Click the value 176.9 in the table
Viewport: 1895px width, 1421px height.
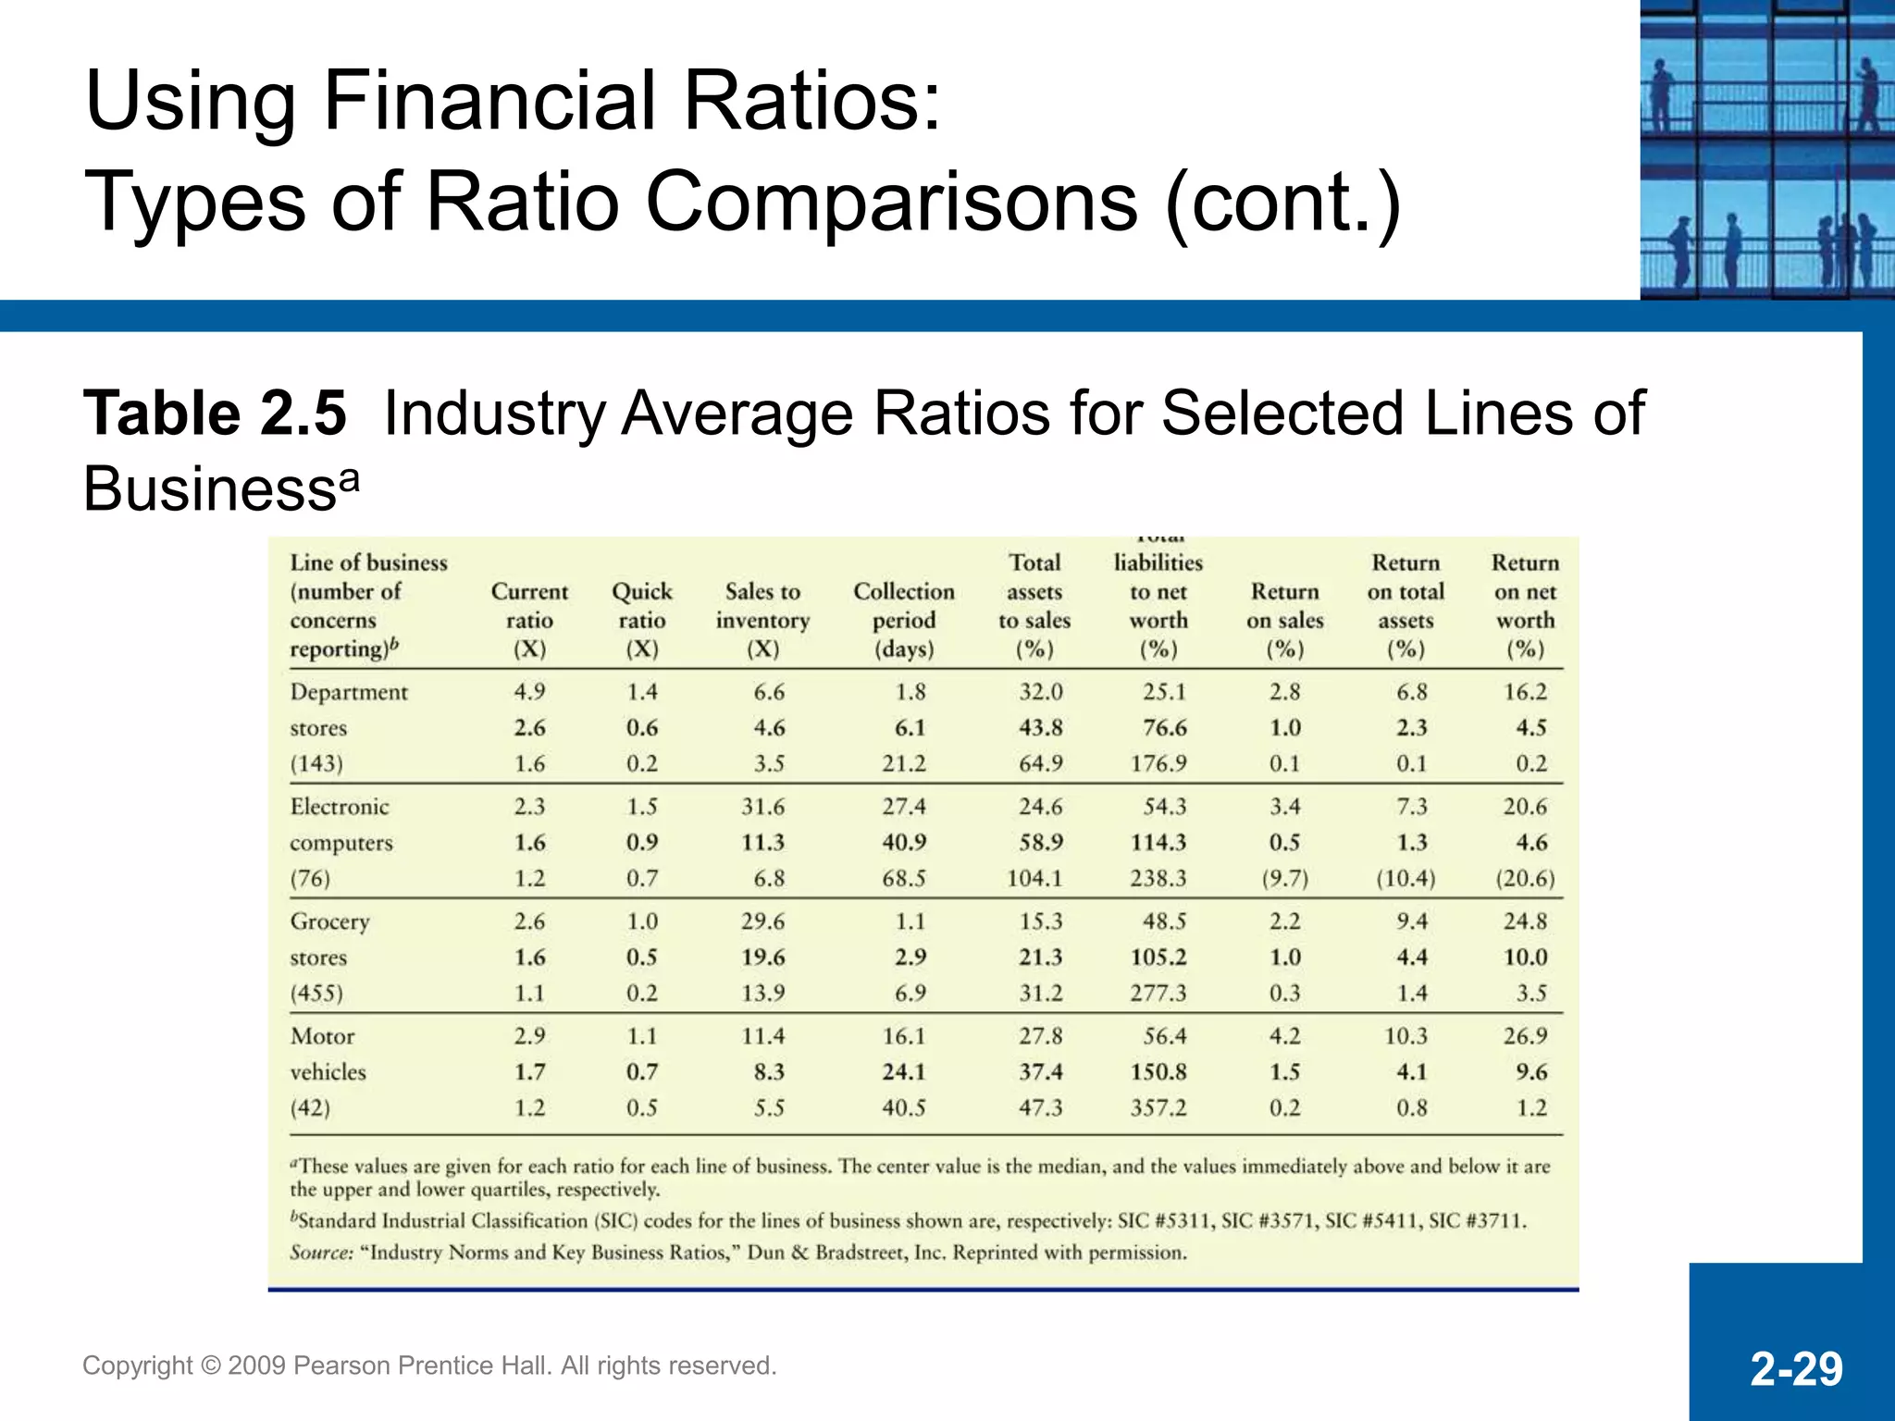(x=1157, y=764)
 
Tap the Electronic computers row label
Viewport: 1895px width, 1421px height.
(x=341, y=823)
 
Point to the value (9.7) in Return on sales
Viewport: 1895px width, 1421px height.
(x=1284, y=879)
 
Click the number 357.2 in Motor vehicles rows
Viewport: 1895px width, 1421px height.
(x=1158, y=1108)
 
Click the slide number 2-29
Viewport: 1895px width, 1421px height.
(x=1796, y=1368)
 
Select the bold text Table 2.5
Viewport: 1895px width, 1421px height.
(x=215, y=413)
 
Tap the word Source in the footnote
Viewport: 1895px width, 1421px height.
(x=320, y=1253)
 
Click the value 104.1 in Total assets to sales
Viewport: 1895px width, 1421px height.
(x=1034, y=879)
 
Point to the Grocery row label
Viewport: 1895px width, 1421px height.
(x=329, y=921)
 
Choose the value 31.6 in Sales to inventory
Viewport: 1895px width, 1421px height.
(x=762, y=807)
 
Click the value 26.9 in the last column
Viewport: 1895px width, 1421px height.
(x=1524, y=1036)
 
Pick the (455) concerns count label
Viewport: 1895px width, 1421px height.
(x=316, y=994)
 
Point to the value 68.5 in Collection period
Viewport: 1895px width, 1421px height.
(x=903, y=879)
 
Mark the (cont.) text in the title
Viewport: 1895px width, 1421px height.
(x=1282, y=202)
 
